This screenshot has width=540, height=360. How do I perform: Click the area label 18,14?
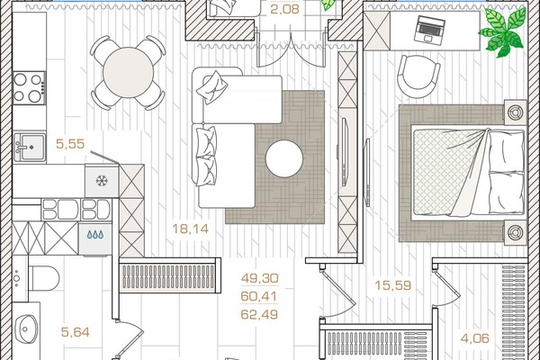click(191, 229)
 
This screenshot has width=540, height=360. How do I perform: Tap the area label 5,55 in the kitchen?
click(70, 144)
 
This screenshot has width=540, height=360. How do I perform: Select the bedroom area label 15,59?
click(393, 285)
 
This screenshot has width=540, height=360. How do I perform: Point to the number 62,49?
click(259, 314)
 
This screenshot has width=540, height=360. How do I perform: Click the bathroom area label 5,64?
click(75, 332)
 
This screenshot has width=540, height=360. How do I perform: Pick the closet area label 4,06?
click(475, 338)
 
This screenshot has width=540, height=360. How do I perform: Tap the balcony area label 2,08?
click(284, 9)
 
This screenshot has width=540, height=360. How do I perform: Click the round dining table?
click(128, 73)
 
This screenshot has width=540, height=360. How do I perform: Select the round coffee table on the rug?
click(284, 158)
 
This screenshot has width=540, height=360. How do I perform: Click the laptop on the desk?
click(430, 30)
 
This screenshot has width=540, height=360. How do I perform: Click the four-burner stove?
click(29, 88)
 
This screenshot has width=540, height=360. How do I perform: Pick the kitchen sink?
click(31, 148)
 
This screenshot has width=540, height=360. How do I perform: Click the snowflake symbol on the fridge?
click(102, 181)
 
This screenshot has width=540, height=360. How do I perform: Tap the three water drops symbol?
click(95, 235)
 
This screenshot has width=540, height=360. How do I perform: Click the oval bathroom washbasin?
click(27, 329)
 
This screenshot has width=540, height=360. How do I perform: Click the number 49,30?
click(260, 278)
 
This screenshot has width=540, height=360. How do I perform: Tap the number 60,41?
click(259, 296)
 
